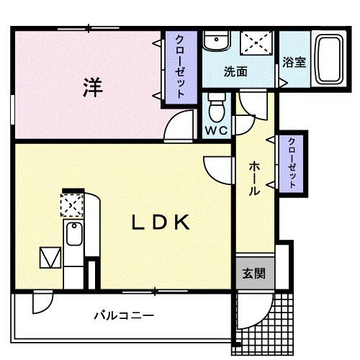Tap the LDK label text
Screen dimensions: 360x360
click(160, 223)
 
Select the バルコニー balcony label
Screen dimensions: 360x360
click(124, 315)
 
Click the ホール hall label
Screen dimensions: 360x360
click(254, 179)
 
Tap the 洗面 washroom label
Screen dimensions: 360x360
click(235, 72)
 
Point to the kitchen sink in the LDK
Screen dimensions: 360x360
click(73, 233)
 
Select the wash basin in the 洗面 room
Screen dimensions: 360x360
click(215, 42)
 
